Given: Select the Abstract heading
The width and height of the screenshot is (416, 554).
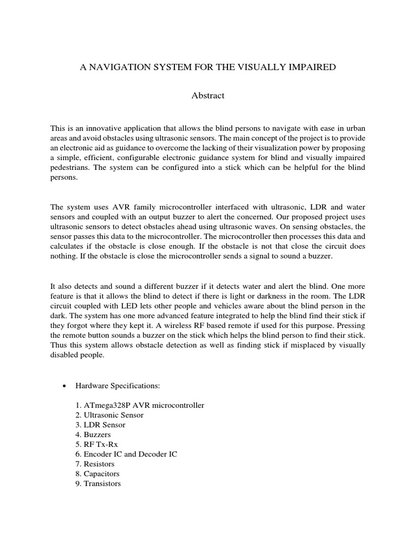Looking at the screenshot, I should pyautogui.click(x=207, y=96).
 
